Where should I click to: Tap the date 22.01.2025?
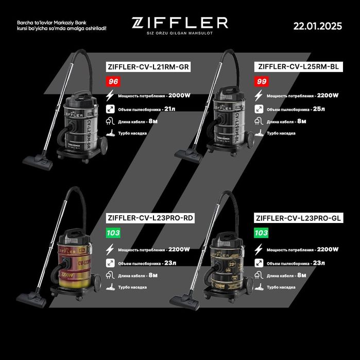tap(317, 26)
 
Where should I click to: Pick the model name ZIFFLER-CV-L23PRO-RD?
tap(149, 218)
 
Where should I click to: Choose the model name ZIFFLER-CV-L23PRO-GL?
tap(299, 218)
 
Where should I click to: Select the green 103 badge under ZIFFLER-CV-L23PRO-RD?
tap(113, 233)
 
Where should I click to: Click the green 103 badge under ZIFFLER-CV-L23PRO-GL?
tap(262, 233)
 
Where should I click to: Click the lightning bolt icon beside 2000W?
tap(110, 96)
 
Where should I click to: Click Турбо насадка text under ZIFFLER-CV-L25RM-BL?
tap(281, 133)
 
